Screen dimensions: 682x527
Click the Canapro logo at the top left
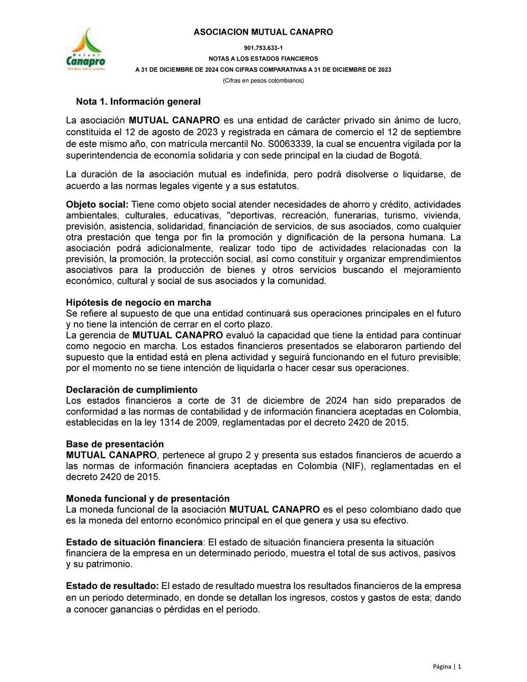coord(85,50)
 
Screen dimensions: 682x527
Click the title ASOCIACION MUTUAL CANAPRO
coord(263,32)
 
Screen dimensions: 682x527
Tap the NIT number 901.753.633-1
coord(263,48)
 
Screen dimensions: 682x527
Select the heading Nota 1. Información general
coord(138,101)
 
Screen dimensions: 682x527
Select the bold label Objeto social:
coord(97,205)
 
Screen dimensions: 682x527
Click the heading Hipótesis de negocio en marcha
coord(138,302)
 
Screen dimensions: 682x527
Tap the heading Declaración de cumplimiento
coord(131,390)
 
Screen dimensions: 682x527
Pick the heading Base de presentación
coord(115,444)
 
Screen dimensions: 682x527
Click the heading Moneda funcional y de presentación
coord(148,499)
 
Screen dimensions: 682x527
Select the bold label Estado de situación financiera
coord(134,542)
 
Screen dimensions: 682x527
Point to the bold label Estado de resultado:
coord(112,586)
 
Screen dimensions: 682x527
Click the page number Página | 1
coord(447,667)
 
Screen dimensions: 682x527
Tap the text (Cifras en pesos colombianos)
coord(263,81)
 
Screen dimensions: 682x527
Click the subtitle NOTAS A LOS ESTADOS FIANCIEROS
coord(263,59)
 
